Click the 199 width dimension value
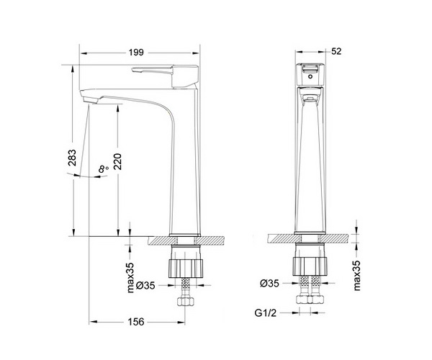[x=136, y=53]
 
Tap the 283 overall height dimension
[x=72, y=158]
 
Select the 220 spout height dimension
[x=117, y=161]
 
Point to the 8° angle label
[x=103, y=168]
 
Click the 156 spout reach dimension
[x=136, y=321]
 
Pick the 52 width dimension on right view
[x=336, y=51]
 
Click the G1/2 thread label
[x=265, y=313]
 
